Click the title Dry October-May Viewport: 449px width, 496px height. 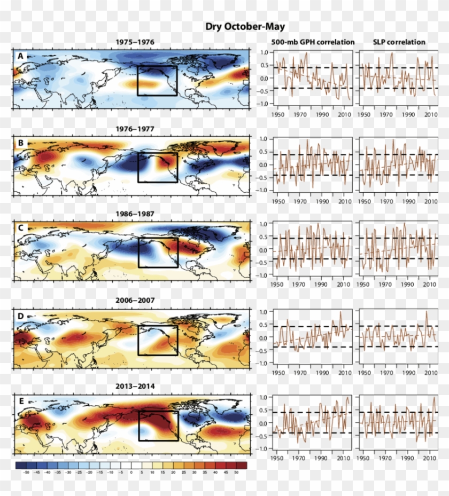click(245, 27)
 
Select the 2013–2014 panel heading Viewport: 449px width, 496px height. click(135, 388)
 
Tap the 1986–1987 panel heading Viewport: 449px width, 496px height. click(135, 214)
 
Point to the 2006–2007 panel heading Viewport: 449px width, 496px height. click(135, 301)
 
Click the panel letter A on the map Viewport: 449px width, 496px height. click(21, 56)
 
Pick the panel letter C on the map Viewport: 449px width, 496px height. click(21, 229)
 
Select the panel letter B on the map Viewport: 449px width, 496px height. click(21, 142)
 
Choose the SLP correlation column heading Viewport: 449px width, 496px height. click(399, 42)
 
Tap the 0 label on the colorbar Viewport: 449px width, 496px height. click(131, 473)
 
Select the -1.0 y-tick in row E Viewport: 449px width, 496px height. click(261, 449)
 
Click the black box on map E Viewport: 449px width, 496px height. click(158, 426)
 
